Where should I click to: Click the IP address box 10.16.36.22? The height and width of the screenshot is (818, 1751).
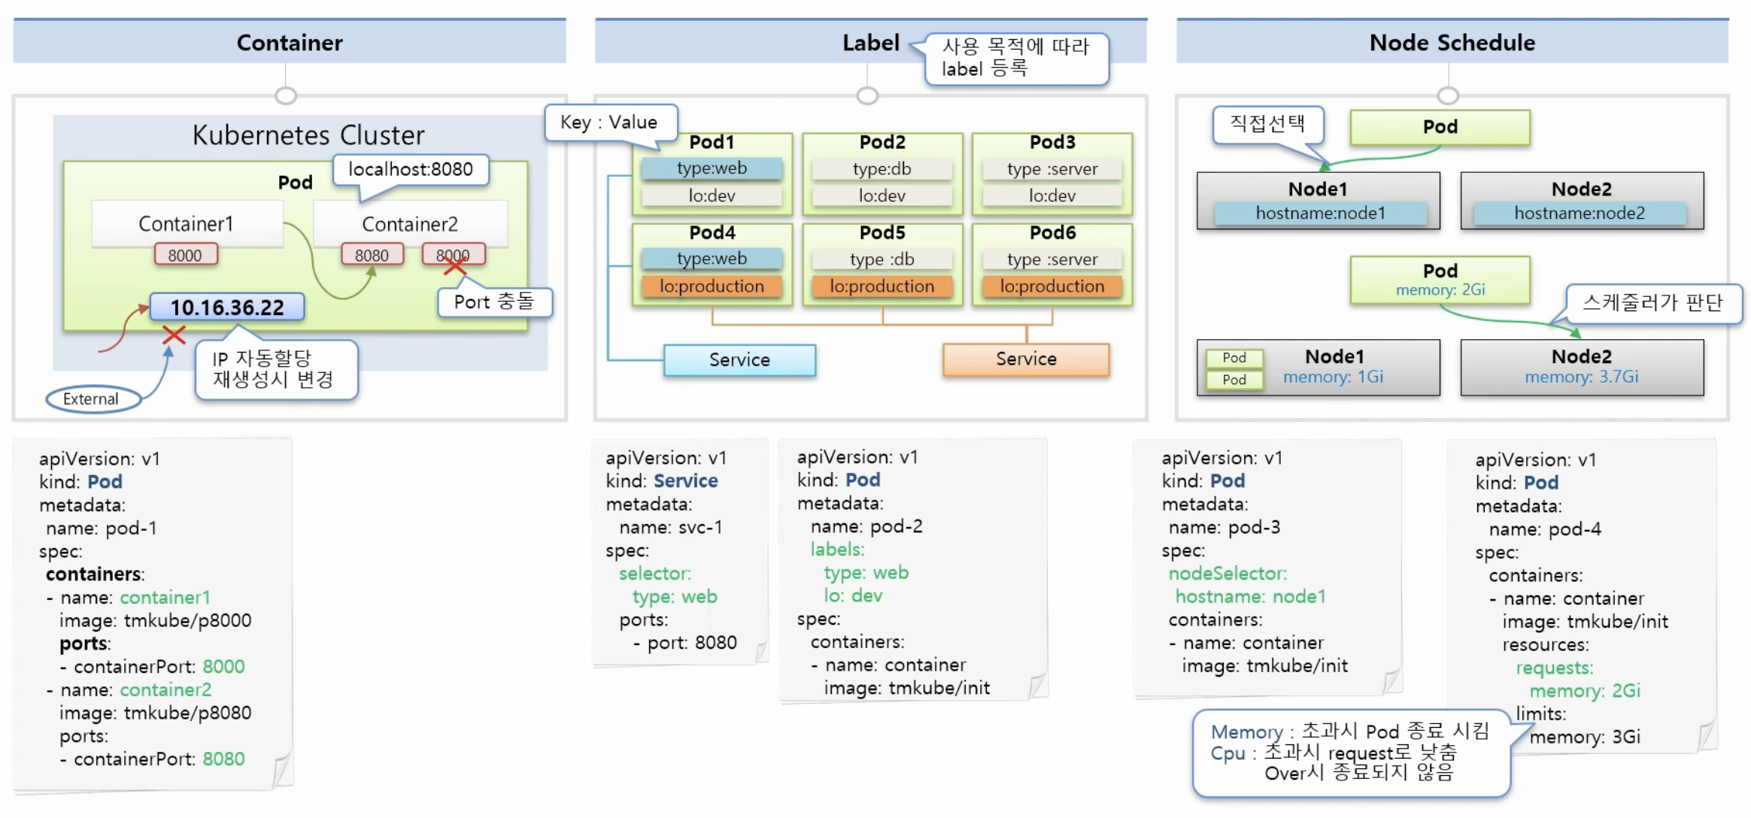[x=227, y=307]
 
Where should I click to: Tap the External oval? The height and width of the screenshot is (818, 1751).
[x=92, y=398]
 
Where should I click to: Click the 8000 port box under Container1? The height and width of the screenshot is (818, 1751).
[x=185, y=255]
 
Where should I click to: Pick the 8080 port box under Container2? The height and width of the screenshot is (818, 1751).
[x=372, y=255]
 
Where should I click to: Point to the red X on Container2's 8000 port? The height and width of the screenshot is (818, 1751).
[x=454, y=265]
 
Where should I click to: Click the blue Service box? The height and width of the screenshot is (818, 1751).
[x=739, y=360]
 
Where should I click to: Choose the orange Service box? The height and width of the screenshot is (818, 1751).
[x=1026, y=359]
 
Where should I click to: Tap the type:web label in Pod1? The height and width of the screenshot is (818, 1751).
[x=712, y=168]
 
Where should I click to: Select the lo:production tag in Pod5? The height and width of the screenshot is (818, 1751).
[x=882, y=286]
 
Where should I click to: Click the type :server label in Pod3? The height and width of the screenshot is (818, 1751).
[x=1052, y=169]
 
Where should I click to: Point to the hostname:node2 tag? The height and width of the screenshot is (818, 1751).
[x=1580, y=214]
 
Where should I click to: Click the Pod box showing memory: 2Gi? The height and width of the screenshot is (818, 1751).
[x=1440, y=280]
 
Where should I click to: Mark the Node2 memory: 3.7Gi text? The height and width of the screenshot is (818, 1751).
[x=1581, y=377]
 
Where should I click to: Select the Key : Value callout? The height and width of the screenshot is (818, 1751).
[x=609, y=123]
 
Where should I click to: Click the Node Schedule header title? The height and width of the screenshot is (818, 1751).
[x=1452, y=43]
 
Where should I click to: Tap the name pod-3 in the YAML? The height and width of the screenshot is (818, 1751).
[x=1224, y=527]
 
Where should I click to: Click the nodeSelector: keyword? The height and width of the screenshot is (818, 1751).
[x=1228, y=574]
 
